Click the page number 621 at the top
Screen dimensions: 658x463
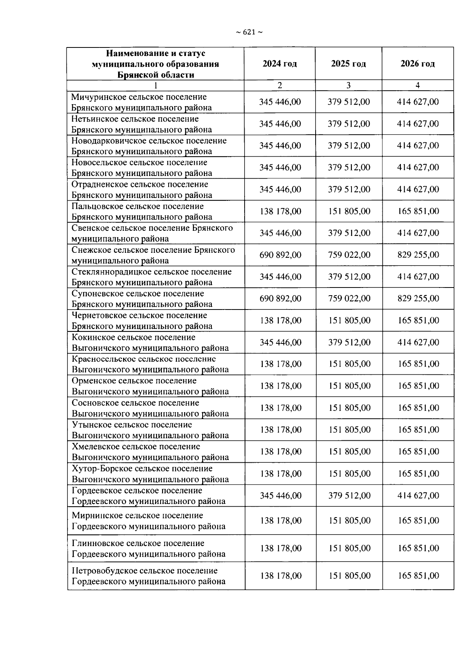coord(249,32)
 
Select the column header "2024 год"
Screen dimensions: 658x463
coord(280,64)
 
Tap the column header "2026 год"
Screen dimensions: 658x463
coord(417,64)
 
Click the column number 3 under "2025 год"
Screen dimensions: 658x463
coord(348,86)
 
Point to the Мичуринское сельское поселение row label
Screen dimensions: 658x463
coord(142,102)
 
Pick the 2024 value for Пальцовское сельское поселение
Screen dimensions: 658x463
coord(280,211)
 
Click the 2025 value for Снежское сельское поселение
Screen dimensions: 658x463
coord(349,255)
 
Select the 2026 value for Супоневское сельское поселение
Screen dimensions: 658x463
coord(418,299)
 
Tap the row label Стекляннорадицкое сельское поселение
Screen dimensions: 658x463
coord(151,277)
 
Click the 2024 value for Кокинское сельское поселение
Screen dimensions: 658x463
coord(280,343)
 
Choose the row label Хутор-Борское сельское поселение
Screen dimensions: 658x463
coord(150,474)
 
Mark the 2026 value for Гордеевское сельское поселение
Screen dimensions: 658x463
coord(418,496)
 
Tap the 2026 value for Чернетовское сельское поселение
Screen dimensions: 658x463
coord(418,321)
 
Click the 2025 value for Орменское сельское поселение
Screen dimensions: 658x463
coord(349,386)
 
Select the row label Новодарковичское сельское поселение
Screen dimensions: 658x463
coord(149,146)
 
